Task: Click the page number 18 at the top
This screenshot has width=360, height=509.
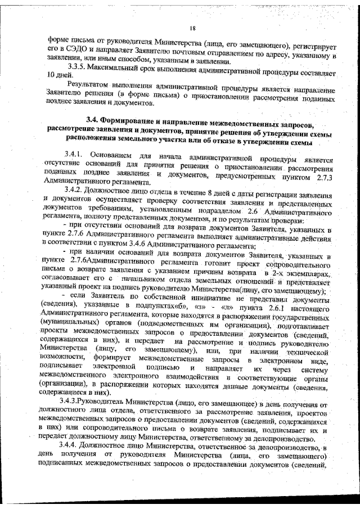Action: point(192,29)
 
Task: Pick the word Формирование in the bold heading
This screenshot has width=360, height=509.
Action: point(131,119)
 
